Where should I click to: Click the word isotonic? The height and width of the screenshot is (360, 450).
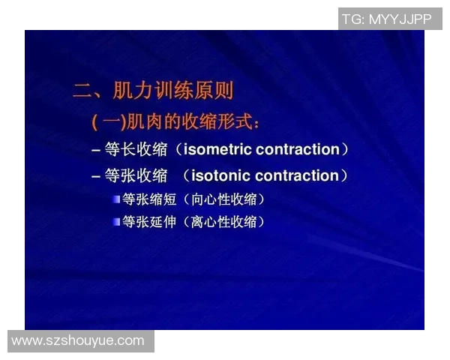[222, 175]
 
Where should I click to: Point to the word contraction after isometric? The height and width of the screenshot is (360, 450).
[298, 149]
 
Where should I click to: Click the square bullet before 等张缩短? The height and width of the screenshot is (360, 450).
[116, 199]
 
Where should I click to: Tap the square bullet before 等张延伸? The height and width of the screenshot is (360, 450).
[116, 221]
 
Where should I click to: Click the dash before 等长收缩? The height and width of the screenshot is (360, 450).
[96, 150]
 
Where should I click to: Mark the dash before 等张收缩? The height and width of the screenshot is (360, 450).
[96, 176]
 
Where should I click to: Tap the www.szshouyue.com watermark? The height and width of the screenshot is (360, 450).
[78, 340]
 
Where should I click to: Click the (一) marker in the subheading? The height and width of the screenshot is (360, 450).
[108, 121]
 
